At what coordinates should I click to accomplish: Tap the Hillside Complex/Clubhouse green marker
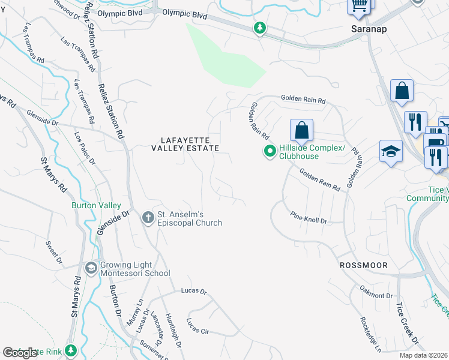(x=270, y=151)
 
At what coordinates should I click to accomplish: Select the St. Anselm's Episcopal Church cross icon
(x=148, y=218)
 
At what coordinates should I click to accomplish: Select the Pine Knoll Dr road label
(x=308, y=218)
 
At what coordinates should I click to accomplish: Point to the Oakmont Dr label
(x=376, y=296)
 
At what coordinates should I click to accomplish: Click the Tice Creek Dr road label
(x=407, y=325)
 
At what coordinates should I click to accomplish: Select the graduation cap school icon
(x=391, y=152)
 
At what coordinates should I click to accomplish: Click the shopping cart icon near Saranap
(x=359, y=5)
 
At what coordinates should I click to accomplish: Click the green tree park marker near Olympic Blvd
(x=259, y=28)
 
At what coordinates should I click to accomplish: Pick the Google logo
(x=20, y=353)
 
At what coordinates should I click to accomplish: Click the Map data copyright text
(x=423, y=355)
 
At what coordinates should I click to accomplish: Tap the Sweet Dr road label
(x=54, y=252)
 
